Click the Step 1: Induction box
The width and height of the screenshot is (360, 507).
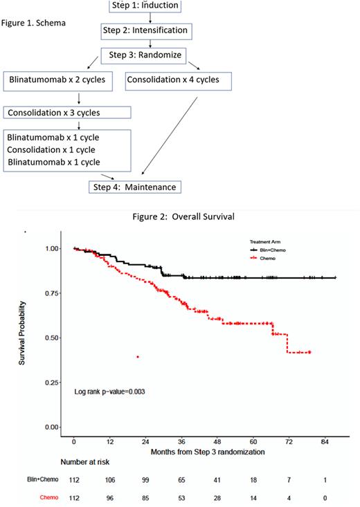145,6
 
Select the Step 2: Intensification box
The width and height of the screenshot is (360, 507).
145,31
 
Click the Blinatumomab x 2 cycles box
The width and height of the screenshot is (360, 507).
59,80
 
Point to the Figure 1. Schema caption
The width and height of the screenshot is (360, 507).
34,22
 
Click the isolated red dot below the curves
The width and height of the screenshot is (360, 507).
138,357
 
